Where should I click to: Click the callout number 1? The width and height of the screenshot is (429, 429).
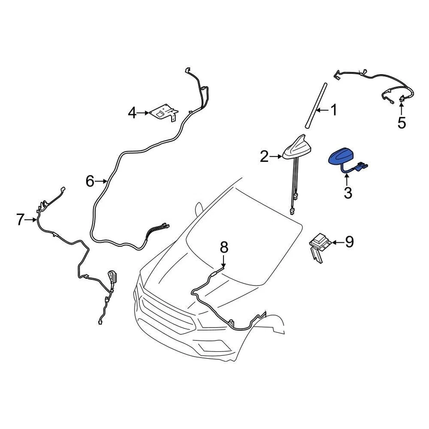pyautogui.click(x=334, y=110)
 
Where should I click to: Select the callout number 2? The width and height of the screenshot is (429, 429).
pyautogui.click(x=264, y=156)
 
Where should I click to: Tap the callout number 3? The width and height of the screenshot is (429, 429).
pyautogui.click(x=348, y=193)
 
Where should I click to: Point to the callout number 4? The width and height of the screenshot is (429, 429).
pyautogui.click(x=132, y=113)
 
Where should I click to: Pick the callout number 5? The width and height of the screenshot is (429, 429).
pyautogui.click(x=402, y=122)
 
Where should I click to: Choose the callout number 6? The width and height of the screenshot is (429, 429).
pyautogui.click(x=90, y=181)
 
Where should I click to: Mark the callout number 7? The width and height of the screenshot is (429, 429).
pyautogui.click(x=20, y=219)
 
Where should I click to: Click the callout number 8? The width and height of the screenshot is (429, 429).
pyautogui.click(x=224, y=247)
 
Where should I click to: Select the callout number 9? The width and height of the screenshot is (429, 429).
pyautogui.click(x=349, y=242)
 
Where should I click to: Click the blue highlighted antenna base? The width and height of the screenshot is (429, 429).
pyautogui.click(x=342, y=157)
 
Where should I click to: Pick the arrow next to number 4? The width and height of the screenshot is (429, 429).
pyautogui.click(x=143, y=113)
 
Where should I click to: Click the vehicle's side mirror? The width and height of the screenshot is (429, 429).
pyautogui.click(x=198, y=209)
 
